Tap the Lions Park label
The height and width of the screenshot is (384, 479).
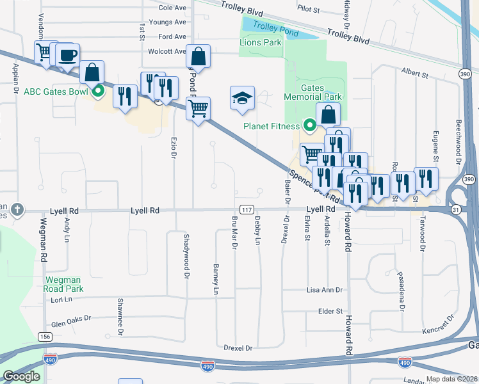tap(260, 42)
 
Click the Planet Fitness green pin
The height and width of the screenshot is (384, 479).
tap(309, 125)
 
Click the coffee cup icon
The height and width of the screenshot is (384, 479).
tap(67, 54)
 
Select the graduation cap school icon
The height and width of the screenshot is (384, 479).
tap(242, 98)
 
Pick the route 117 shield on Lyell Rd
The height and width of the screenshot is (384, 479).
tap(246, 209)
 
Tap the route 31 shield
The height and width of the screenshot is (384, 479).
tap(455, 209)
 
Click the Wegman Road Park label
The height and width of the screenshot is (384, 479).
tap(63, 284)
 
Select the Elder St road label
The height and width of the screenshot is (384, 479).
tap(331, 311)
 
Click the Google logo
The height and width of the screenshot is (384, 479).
tap(21, 376)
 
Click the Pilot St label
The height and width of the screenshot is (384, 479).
tap(308, 9)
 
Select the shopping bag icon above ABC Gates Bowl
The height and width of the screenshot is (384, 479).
tap(93, 72)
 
